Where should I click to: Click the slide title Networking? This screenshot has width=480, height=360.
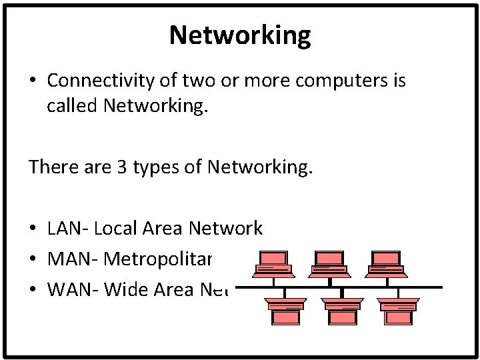(x=240, y=35)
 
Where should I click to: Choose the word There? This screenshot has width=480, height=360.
(x=50, y=167)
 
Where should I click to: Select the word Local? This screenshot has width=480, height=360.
(x=117, y=229)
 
